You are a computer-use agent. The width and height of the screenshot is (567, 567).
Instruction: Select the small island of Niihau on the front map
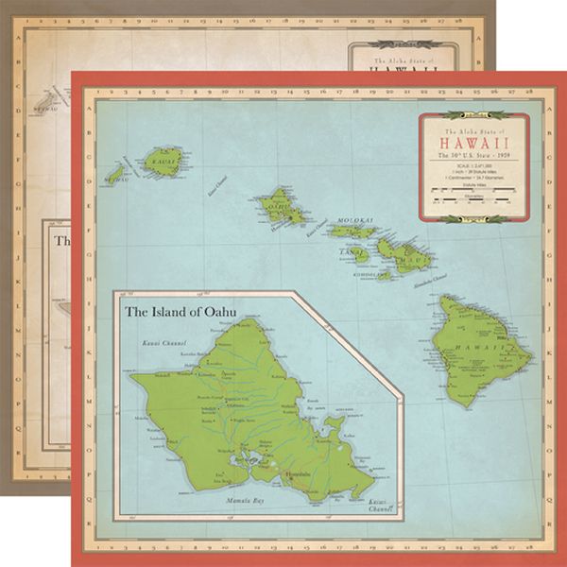(x=116, y=176)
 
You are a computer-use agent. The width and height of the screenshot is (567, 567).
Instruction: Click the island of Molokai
(x=351, y=230)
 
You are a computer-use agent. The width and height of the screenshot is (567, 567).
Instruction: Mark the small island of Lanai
(x=357, y=253)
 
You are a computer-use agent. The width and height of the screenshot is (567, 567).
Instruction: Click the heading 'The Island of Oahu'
(x=180, y=309)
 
